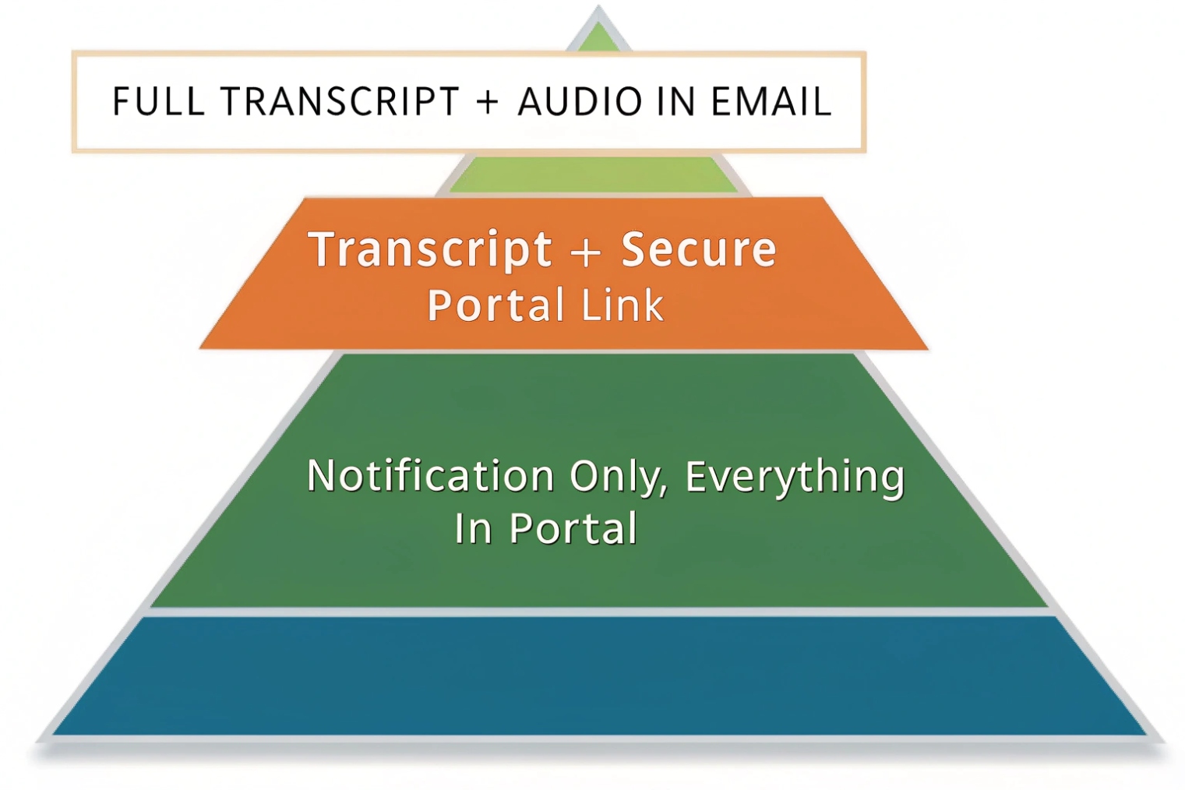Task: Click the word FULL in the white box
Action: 158,102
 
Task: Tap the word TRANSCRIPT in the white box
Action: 339,102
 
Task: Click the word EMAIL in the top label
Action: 771,102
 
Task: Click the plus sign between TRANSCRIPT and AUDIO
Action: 488,102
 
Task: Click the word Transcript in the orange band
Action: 430,250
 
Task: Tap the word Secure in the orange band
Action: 699,250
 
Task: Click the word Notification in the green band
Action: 430,475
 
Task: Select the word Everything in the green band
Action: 795,477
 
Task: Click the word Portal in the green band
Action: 573,528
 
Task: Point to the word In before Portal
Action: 473,528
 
